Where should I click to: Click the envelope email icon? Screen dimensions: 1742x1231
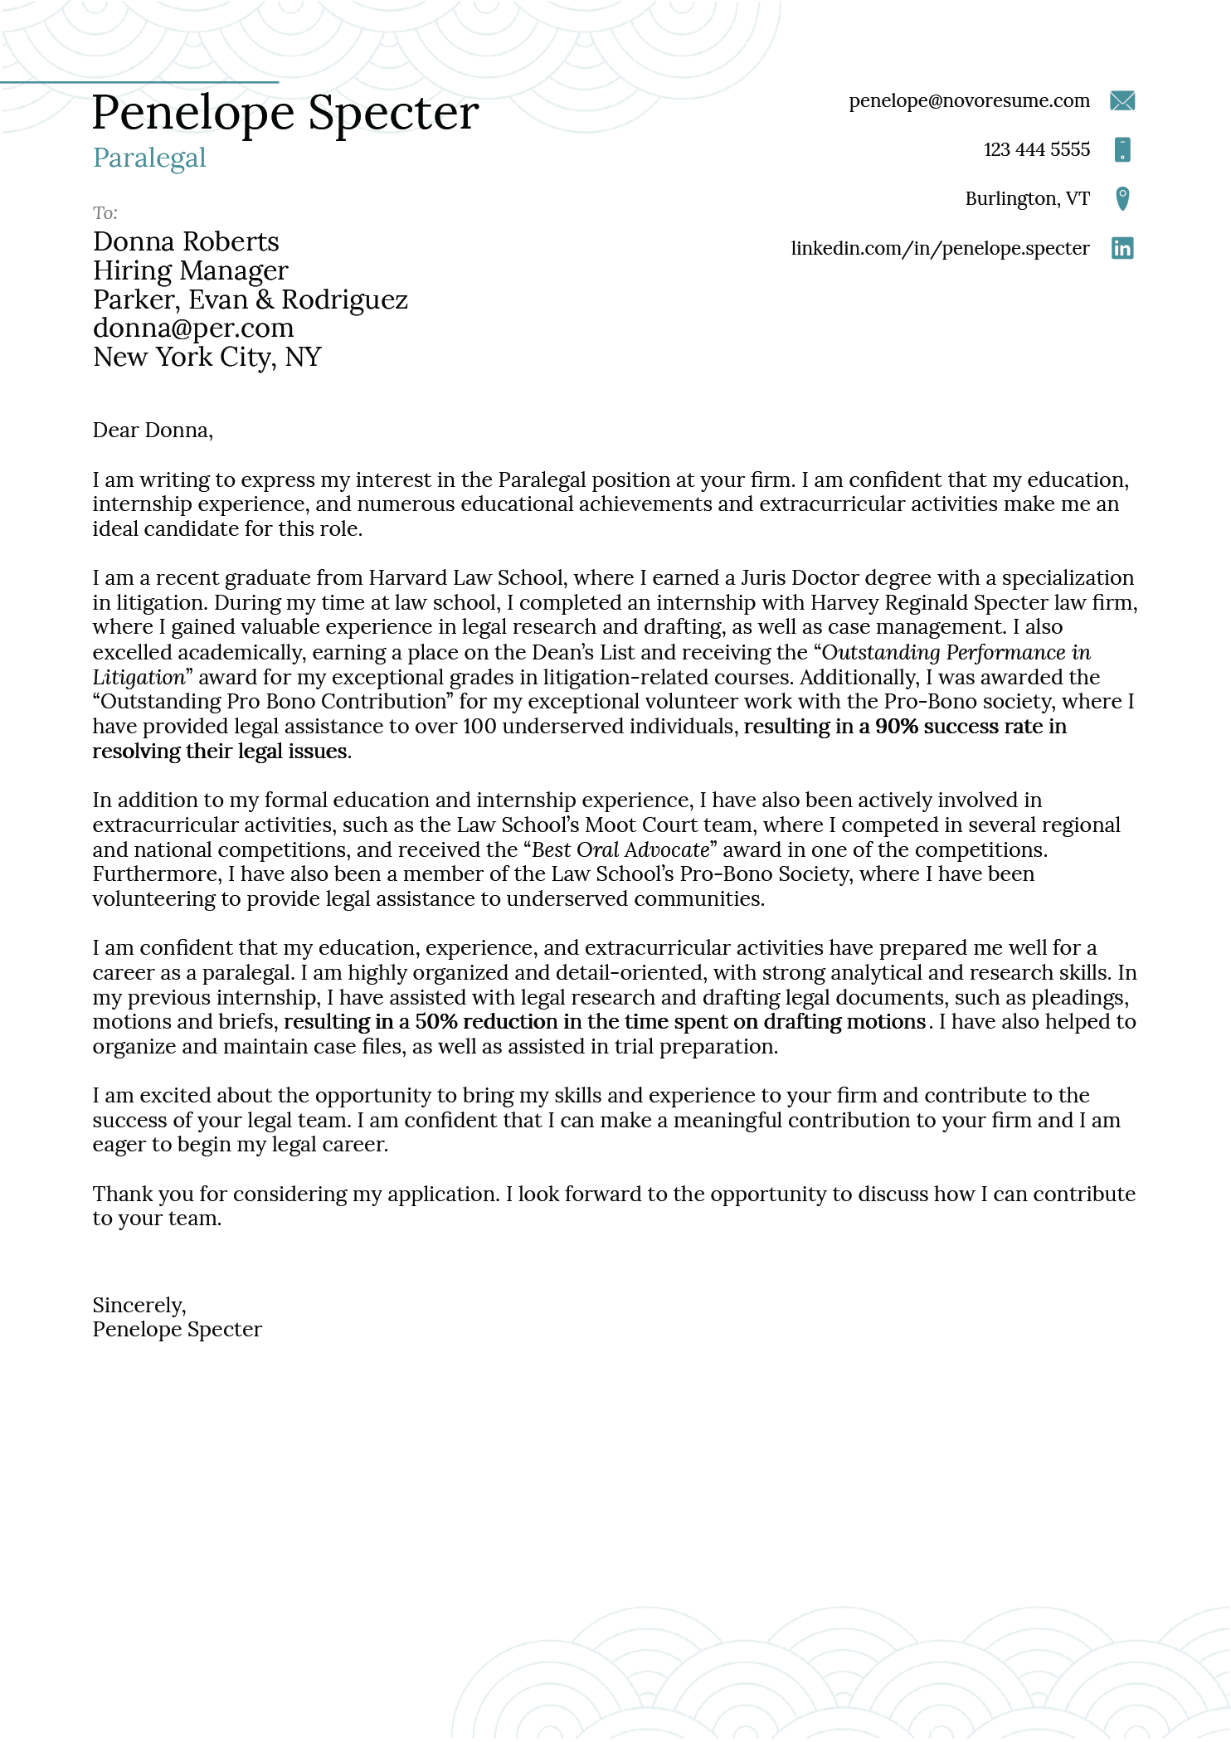[x=1122, y=101]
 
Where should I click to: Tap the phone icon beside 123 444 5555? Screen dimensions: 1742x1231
[x=1122, y=150]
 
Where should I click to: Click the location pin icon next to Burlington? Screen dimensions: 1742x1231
[x=1122, y=199]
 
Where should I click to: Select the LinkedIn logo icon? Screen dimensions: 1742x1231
[x=1122, y=248]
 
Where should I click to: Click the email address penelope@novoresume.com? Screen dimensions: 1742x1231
[x=969, y=101]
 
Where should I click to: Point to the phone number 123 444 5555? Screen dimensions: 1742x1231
[x=1036, y=150]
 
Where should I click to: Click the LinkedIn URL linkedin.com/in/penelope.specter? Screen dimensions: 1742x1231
[x=940, y=248]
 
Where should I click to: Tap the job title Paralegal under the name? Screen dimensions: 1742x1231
[x=149, y=158]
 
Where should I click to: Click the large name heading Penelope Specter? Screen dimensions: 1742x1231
[x=285, y=113]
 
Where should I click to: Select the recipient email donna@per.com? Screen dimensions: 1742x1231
[x=193, y=328]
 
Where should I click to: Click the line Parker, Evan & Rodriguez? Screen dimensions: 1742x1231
[x=250, y=299]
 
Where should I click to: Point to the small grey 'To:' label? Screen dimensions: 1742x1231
[x=105, y=213]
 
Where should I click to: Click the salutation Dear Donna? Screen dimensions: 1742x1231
[x=153, y=431]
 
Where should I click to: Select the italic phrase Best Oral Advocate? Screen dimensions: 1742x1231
[x=620, y=850]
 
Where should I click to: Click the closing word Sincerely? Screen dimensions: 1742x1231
[x=139, y=1306]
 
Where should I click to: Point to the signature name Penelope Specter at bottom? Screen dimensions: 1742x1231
[x=177, y=1330]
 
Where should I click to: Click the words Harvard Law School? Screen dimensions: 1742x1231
[x=466, y=578]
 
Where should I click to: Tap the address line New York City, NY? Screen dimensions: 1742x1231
[x=207, y=358]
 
